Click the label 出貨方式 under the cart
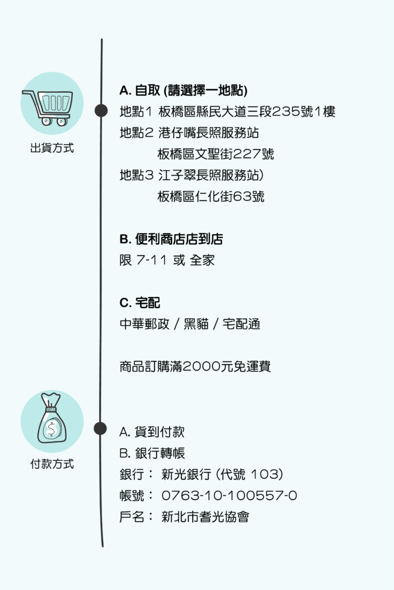tap(52, 148)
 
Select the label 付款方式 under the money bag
tap(52, 463)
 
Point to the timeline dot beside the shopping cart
tap(101, 111)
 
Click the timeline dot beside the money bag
tap(100, 428)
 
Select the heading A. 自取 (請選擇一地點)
tap(183, 91)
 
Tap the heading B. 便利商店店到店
tap(171, 239)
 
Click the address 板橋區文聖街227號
tap(216, 154)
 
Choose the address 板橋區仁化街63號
tap(211, 196)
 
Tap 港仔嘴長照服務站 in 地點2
tap(209, 133)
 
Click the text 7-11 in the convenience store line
tap(152, 260)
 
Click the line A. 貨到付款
tap(152, 432)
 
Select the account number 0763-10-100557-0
tap(229, 495)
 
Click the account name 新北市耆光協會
tap(205, 517)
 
